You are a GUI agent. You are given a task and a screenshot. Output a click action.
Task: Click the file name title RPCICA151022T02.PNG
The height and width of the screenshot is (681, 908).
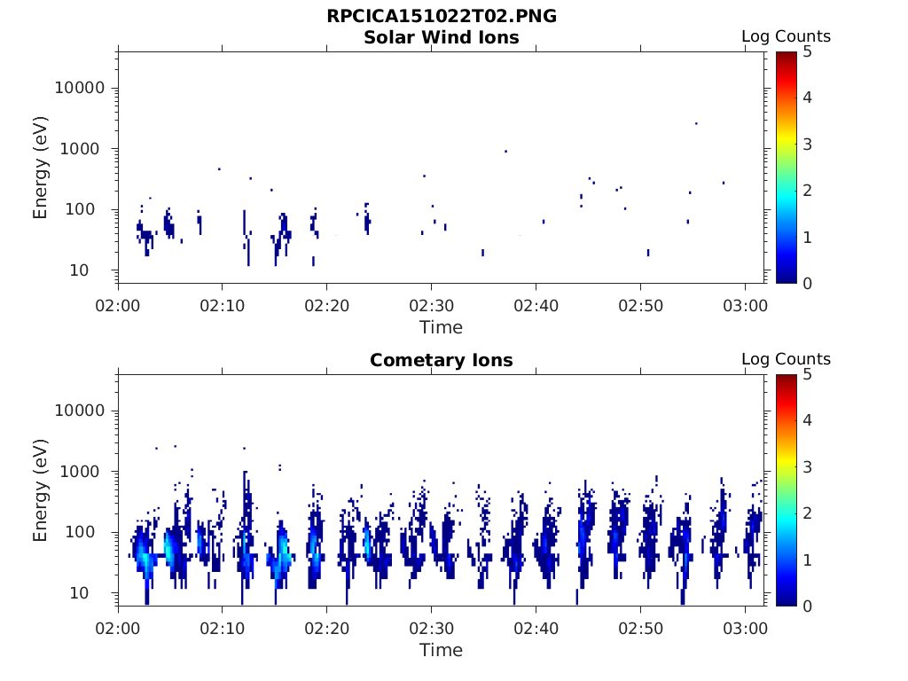(x=442, y=16)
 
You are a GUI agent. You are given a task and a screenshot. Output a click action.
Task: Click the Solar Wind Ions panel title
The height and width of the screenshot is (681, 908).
(x=442, y=37)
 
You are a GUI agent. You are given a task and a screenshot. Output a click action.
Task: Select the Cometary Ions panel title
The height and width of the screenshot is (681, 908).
(x=442, y=360)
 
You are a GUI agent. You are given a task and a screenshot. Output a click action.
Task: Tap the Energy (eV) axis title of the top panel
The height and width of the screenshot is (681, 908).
(x=41, y=167)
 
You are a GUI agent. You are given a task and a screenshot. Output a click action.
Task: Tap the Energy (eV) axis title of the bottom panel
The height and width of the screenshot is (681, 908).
(x=41, y=489)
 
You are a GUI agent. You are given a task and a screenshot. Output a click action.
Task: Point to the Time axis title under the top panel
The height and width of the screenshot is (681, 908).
(x=442, y=327)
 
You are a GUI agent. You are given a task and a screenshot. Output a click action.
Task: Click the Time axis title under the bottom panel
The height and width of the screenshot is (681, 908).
(x=442, y=650)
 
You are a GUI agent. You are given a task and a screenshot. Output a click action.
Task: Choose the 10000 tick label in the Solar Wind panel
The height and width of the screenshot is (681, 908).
(x=80, y=88)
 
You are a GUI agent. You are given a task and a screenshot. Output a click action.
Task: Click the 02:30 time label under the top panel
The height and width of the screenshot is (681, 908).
(x=431, y=306)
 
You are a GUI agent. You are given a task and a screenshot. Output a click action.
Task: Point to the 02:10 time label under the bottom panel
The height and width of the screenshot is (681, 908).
(x=222, y=629)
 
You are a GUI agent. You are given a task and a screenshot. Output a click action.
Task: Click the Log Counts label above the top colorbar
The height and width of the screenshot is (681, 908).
(x=786, y=37)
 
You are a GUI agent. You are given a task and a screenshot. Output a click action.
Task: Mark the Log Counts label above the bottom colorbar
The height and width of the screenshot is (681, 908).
(x=786, y=359)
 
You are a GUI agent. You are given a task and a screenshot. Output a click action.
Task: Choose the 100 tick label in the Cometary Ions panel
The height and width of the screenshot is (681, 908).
(x=89, y=532)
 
